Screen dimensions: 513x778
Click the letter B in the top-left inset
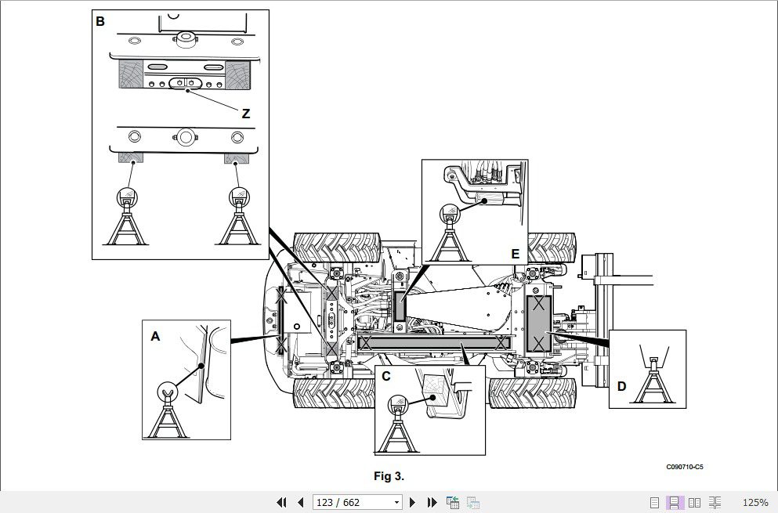[100, 21]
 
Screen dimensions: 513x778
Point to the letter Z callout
[245, 114]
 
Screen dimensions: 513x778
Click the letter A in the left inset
[155, 336]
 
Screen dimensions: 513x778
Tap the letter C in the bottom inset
[385, 376]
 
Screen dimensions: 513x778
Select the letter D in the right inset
[621, 386]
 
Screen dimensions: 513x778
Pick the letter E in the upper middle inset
[515, 254]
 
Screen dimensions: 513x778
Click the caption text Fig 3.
[389, 475]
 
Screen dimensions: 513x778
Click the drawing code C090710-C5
[685, 467]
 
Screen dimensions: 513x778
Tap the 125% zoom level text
[754, 502]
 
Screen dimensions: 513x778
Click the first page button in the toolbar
[281, 502]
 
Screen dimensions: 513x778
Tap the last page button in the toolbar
[432, 502]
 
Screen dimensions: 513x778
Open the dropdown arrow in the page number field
[396, 502]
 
